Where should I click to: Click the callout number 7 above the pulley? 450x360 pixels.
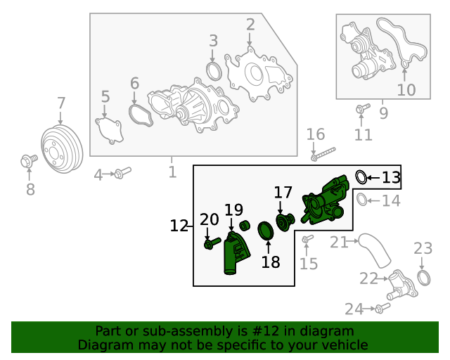tap(61, 103)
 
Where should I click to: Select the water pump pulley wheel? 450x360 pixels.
tap(62, 148)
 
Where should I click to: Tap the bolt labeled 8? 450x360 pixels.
tap(29, 161)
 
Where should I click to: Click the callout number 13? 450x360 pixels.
tap(391, 178)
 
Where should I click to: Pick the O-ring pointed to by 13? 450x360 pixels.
tap(361, 177)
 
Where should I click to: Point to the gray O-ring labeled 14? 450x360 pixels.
tap(361, 200)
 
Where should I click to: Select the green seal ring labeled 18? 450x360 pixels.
tap(266, 231)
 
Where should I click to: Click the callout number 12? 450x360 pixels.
tap(179, 226)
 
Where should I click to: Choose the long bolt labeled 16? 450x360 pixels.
tap(323, 154)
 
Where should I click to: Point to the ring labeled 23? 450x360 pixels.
tap(424, 278)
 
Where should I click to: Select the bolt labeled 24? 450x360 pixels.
tap(382, 308)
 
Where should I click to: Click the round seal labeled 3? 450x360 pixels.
tap(214, 71)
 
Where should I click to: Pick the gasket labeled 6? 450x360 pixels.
tap(141, 115)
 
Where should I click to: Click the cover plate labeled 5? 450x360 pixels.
tap(110, 131)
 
